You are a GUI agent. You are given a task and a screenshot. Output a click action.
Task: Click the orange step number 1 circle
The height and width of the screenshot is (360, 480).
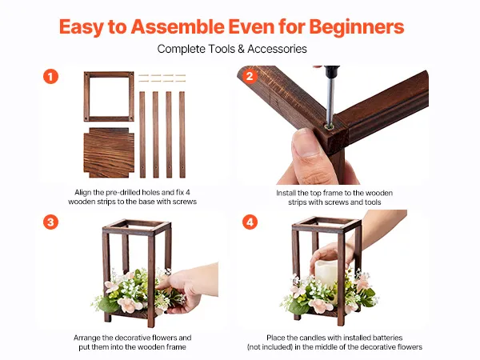pyautogui.click(x=51, y=77)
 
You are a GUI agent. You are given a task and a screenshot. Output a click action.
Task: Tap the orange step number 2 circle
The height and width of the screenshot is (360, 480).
pyautogui.click(x=250, y=77)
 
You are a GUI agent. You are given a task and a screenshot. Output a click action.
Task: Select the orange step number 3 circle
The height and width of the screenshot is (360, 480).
pyautogui.click(x=51, y=222)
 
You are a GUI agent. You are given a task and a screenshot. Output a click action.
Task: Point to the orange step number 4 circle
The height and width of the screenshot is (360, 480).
pyautogui.click(x=250, y=222)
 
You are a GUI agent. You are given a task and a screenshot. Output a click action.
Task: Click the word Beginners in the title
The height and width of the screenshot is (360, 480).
pyautogui.click(x=357, y=27)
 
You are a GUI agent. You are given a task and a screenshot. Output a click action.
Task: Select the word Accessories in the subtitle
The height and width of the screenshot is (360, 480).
pyautogui.click(x=277, y=49)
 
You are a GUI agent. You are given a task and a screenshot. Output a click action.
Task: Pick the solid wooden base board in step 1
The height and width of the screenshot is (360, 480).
pyautogui.click(x=109, y=153)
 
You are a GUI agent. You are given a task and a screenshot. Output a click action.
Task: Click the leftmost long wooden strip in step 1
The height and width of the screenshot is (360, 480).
pyautogui.click(x=142, y=134)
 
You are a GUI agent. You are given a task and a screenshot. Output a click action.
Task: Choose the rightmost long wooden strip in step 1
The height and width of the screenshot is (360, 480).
pyautogui.click(x=182, y=134)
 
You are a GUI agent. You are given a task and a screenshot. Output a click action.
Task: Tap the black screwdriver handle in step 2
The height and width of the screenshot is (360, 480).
pyautogui.click(x=332, y=72)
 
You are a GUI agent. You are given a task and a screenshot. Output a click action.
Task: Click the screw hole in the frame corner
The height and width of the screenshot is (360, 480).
pyautogui.click(x=330, y=126)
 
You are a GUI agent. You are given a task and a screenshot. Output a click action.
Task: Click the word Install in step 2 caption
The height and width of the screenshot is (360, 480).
pyautogui.click(x=286, y=193)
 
